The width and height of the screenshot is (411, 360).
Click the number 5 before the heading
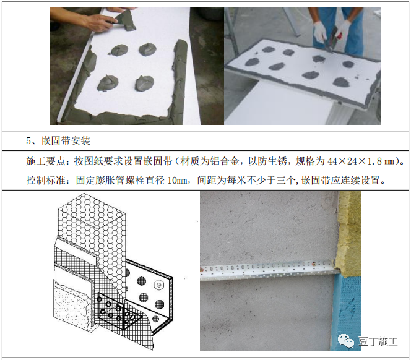click(x=30, y=140)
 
